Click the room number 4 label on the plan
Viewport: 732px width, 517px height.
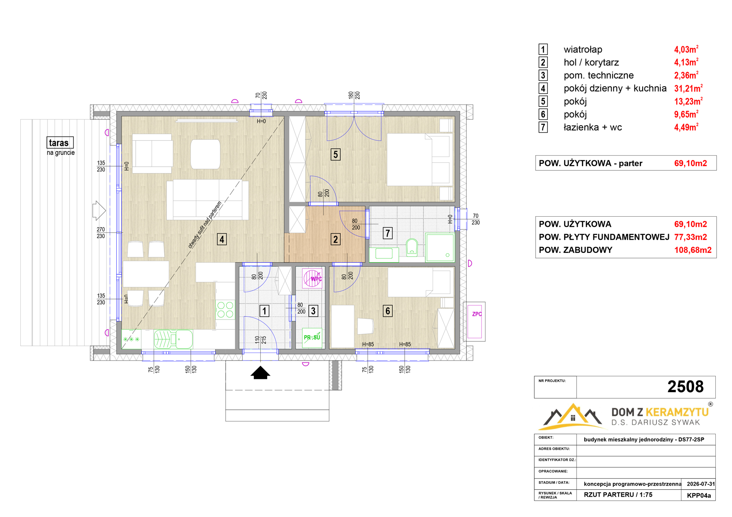tap(222, 239)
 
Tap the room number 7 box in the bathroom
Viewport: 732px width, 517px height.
tap(388, 233)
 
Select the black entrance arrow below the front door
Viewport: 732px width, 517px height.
tap(260, 373)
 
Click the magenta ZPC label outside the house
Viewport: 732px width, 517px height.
tap(477, 314)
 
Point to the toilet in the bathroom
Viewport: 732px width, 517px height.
tap(412, 247)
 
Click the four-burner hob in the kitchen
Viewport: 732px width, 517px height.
tap(225, 309)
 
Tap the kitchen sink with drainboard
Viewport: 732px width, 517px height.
tap(173, 339)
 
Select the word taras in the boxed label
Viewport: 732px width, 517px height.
tap(59, 143)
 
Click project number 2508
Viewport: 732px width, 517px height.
tap(685, 387)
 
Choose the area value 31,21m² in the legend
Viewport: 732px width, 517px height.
tap(688, 88)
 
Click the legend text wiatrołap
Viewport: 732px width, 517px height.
tap(583, 50)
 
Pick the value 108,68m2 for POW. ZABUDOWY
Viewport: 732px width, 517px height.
tap(693, 250)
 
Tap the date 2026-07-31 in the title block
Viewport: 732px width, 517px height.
tap(701, 484)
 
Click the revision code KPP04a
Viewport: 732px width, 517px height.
tap(699, 495)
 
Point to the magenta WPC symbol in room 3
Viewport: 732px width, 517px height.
tap(312, 278)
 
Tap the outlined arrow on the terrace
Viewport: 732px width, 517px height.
tap(99, 210)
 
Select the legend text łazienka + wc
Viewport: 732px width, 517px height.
tap(593, 127)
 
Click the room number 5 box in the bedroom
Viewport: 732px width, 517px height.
tap(335, 154)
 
